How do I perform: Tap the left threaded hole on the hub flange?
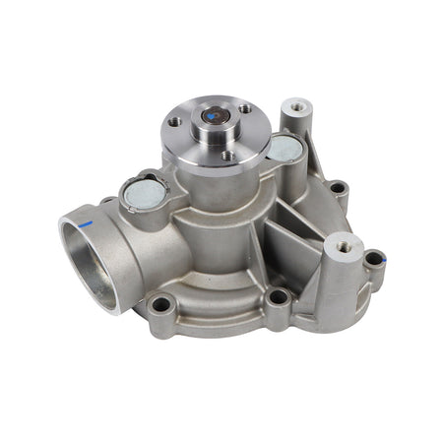[174, 122]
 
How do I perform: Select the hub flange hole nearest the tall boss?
[244, 109]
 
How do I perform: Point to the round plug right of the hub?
[285, 148]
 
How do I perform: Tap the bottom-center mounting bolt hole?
[278, 295]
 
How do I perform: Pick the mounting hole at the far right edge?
[373, 260]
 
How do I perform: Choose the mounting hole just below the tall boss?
[337, 186]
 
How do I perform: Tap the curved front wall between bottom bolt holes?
[217, 295]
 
